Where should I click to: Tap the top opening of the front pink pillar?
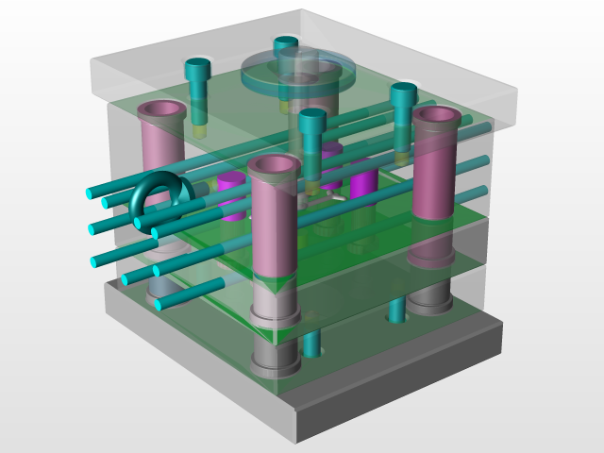pyautogui.click(x=275, y=167)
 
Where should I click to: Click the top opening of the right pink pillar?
pyautogui.click(x=436, y=117)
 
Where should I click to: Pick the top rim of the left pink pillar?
pyautogui.click(x=161, y=109)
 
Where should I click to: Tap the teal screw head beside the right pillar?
pyautogui.click(x=404, y=93)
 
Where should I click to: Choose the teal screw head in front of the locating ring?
pyautogui.click(x=312, y=120)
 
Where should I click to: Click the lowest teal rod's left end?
pyautogui.click(x=159, y=305)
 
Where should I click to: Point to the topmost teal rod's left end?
pyautogui.click(x=92, y=193)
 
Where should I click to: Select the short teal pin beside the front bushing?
pyautogui.click(x=312, y=340)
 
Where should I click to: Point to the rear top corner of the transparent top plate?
pyautogui.click(x=302, y=11)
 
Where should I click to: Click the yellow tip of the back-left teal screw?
pyautogui.click(x=200, y=130)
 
